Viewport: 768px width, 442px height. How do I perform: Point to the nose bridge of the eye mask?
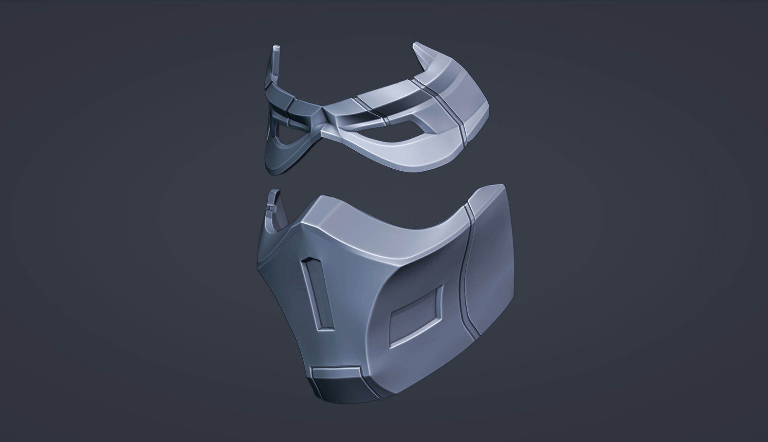pyautogui.click(x=321, y=117)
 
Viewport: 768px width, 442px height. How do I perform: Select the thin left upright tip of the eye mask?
pyautogui.click(x=276, y=49)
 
